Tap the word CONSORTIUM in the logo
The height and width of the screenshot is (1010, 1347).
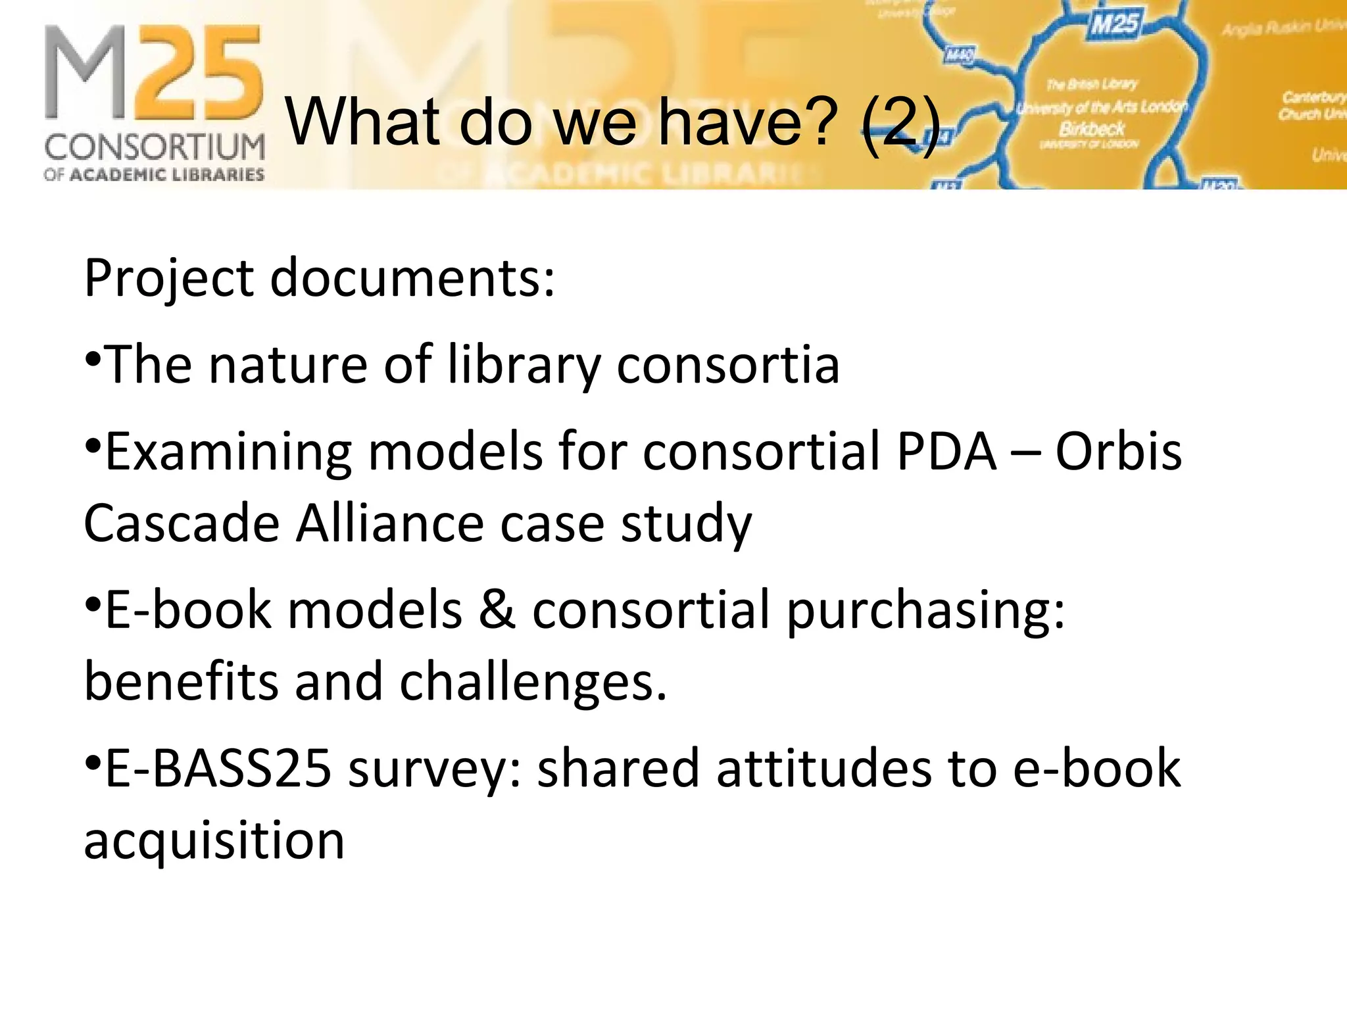point(155,147)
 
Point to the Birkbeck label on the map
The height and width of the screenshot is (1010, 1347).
point(1092,128)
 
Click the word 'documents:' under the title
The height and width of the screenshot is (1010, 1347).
point(412,279)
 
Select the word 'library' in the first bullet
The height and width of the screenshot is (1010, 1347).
point(524,366)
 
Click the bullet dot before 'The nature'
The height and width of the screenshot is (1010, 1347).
point(93,359)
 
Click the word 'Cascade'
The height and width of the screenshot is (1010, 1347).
point(182,524)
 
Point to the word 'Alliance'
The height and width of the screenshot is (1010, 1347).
point(389,524)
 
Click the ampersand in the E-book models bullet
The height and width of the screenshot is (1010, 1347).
point(497,611)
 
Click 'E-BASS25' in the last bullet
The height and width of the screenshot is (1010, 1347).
point(218,769)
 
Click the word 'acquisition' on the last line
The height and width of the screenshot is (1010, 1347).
point(214,842)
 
